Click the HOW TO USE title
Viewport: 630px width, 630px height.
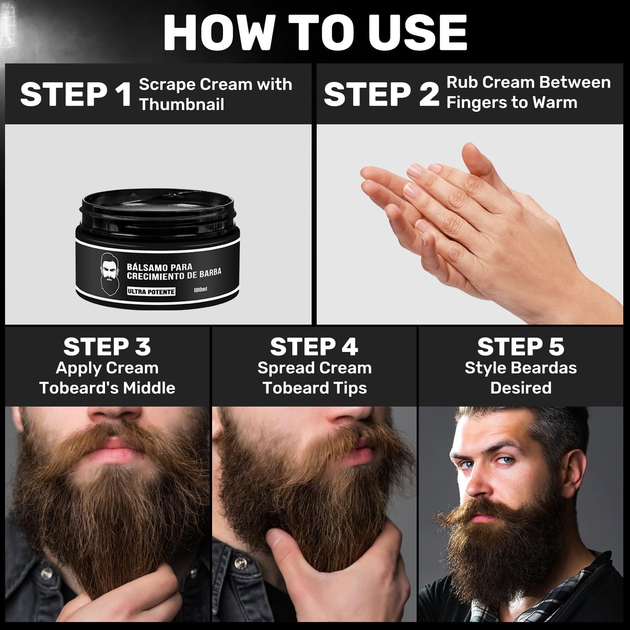[x=315, y=33]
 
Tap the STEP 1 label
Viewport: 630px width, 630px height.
[x=76, y=94]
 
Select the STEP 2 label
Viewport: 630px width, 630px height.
[x=381, y=94]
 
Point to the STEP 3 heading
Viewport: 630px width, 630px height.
[x=107, y=347]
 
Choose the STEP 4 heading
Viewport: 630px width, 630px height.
[x=314, y=347]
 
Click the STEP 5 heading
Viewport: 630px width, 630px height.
[x=521, y=347]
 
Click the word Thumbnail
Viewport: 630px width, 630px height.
[x=182, y=104]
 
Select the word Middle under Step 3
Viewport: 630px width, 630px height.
[x=149, y=388]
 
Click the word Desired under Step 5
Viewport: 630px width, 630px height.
[x=521, y=388]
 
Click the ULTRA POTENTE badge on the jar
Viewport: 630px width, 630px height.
[x=151, y=291]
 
